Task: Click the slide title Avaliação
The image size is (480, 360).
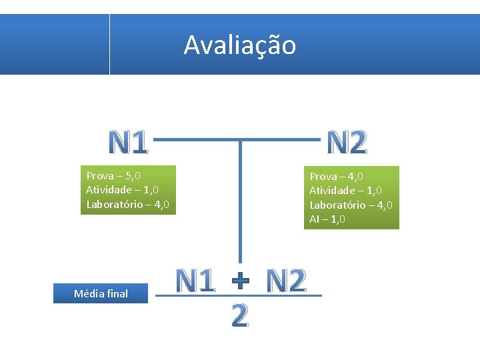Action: [239, 45]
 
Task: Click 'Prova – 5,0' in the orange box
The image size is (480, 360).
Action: [113, 176]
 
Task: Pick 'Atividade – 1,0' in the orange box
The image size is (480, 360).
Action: [122, 190]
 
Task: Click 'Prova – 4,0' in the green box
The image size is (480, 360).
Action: [336, 177]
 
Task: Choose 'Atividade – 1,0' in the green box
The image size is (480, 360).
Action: [345, 191]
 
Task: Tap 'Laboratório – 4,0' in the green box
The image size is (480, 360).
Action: [351, 205]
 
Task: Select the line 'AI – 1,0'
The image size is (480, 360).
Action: [327, 219]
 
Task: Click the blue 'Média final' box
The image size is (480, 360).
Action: [101, 293]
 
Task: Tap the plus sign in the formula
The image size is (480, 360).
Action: [240, 282]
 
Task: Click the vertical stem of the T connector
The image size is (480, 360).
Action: [239, 200]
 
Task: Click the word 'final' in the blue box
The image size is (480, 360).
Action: [116, 293]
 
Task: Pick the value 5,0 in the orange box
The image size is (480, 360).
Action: [133, 176]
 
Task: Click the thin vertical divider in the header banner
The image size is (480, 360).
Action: [109, 44]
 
